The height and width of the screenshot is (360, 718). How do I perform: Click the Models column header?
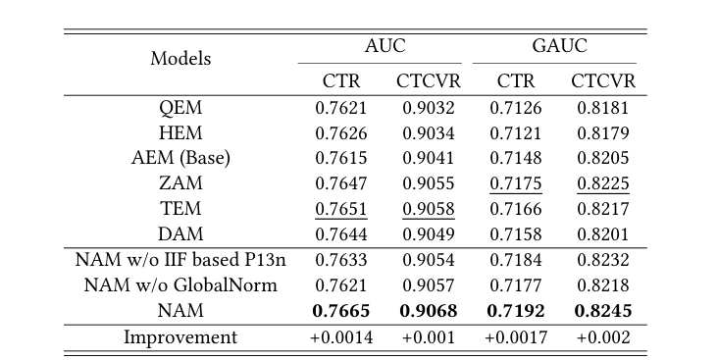click(x=180, y=59)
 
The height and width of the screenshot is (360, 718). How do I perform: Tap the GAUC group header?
click(x=554, y=45)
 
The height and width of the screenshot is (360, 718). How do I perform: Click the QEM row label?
click(x=180, y=107)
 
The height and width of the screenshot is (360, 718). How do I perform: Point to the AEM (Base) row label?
click(x=180, y=158)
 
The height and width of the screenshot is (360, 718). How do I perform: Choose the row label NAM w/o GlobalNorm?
click(x=180, y=285)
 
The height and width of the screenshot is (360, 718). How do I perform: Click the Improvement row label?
click(x=180, y=337)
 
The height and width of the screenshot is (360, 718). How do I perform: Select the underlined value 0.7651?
click(x=341, y=209)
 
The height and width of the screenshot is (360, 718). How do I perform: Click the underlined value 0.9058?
click(x=427, y=209)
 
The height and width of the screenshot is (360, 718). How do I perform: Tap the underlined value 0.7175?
click(x=516, y=183)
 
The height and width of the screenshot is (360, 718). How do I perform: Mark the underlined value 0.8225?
click(x=603, y=183)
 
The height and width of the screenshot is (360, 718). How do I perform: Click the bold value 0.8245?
click(x=603, y=312)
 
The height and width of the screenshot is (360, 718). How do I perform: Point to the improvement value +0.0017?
click(x=516, y=337)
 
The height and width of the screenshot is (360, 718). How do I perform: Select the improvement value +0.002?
click(x=603, y=337)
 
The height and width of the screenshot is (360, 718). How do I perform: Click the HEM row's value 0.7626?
click(x=341, y=132)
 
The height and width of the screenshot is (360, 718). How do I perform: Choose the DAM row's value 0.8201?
click(x=603, y=234)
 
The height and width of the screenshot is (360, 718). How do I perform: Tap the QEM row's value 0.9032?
click(x=427, y=107)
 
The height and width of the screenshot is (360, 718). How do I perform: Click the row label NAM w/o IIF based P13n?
click(x=180, y=260)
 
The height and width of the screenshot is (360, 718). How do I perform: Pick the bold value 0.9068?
click(x=429, y=312)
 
